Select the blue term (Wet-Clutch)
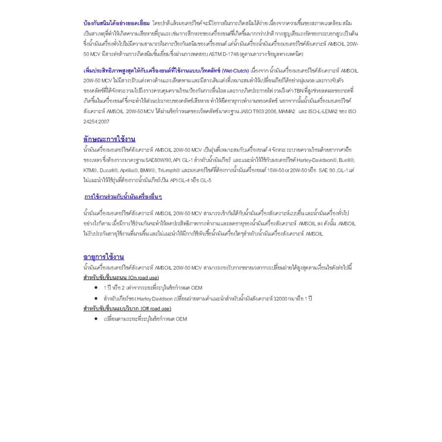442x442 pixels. point(235,71)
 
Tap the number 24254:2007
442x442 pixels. point(96,122)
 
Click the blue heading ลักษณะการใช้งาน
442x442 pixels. point(109,139)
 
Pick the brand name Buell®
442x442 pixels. point(347,160)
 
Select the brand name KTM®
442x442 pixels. point(90,170)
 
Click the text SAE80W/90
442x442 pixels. point(158,160)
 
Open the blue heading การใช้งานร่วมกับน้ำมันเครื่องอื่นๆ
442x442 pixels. point(123,197)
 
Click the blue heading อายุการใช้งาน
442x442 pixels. point(104,257)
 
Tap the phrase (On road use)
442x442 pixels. point(144,278)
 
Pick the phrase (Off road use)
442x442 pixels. point(156,309)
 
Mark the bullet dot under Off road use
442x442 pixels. point(96,319)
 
